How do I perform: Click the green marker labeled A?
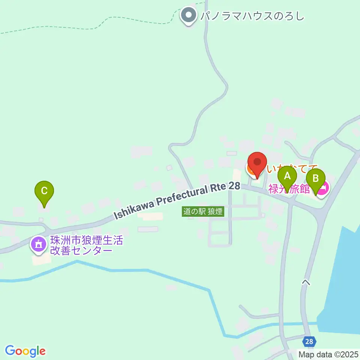(x=287, y=177)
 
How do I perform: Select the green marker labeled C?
(x=44, y=192)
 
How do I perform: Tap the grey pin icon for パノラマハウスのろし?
(x=188, y=16)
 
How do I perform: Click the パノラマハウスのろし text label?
(x=252, y=16)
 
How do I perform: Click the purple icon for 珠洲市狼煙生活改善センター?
(x=38, y=244)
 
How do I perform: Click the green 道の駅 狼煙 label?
(x=203, y=211)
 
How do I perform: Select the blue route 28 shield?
(x=309, y=342)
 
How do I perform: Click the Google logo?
(x=25, y=351)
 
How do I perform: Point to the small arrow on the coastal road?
(x=306, y=282)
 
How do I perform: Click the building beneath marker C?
(x=44, y=207)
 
